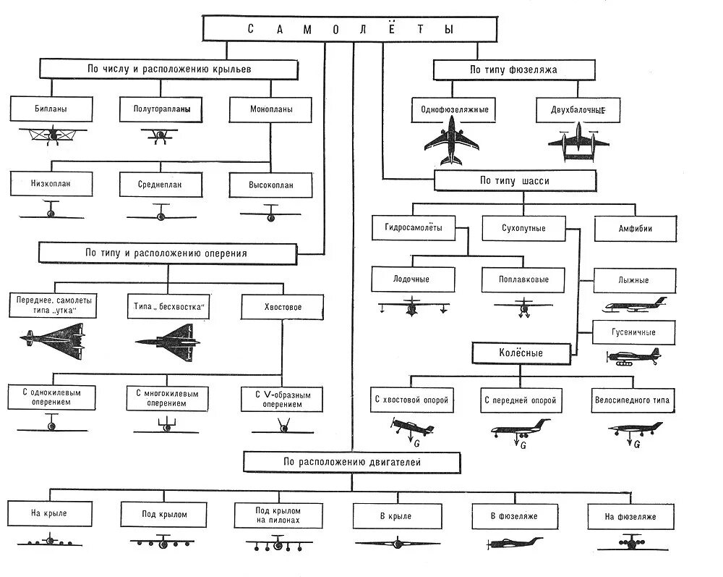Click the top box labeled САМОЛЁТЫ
pos(351,29)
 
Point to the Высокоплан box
pos(271,185)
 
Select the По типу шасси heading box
pos(515,181)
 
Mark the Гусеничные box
pos(633,332)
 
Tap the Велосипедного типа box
pos(633,400)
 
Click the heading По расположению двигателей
pos(351,462)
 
